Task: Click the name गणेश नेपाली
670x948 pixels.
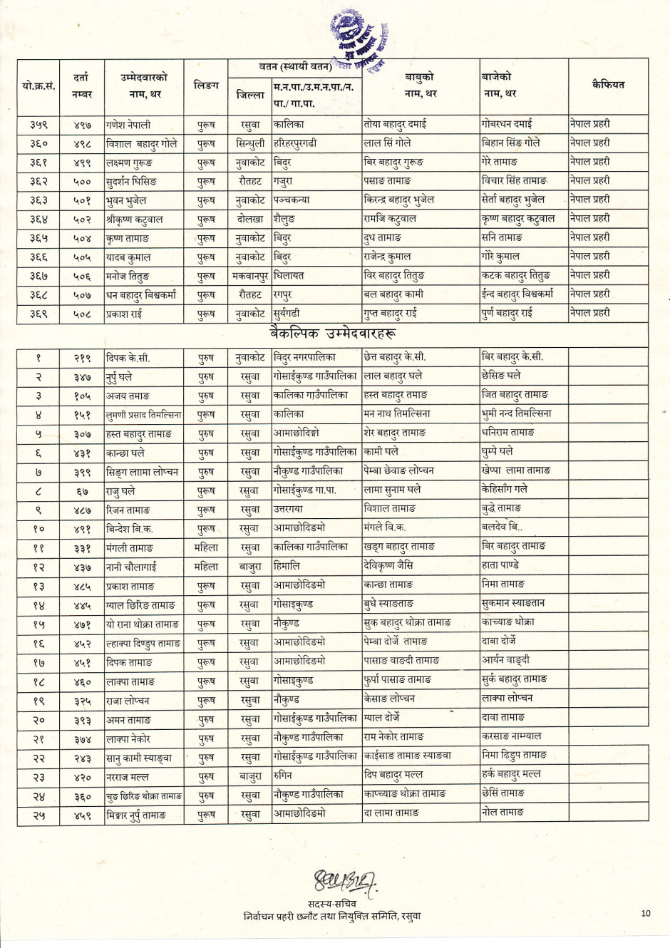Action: tap(128, 125)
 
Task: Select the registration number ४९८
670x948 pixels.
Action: tap(83, 144)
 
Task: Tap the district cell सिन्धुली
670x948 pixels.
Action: tap(250, 143)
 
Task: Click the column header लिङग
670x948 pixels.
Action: tap(206, 86)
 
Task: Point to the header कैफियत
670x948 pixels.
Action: tap(608, 84)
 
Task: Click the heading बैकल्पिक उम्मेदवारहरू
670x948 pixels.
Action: tap(332, 332)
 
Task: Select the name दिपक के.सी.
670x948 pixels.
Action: tap(128, 358)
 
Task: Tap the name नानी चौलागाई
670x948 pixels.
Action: tap(131, 567)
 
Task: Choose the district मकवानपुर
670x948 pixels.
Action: tap(250, 276)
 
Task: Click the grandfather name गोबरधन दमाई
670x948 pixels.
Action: tap(507, 123)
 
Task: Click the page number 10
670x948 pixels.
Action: tap(646, 913)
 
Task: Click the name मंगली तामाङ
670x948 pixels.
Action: tap(130, 547)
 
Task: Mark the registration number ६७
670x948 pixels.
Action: tap(83, 491)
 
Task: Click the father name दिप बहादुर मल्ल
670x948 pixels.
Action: tap(393, 774)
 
